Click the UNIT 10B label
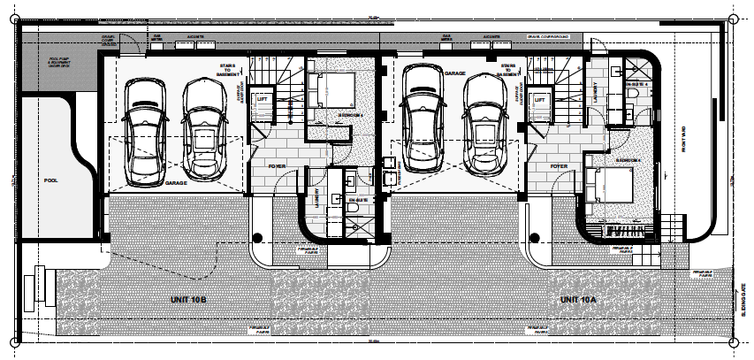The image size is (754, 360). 188,301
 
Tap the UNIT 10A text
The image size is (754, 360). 578,301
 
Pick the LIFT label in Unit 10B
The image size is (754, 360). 263,100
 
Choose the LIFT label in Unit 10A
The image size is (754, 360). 538,100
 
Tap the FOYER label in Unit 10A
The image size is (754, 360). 558,165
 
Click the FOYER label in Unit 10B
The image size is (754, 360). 278,165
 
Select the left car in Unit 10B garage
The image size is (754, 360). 143,131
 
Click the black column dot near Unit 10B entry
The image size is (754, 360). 258,237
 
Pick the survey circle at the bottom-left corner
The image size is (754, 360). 15,341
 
